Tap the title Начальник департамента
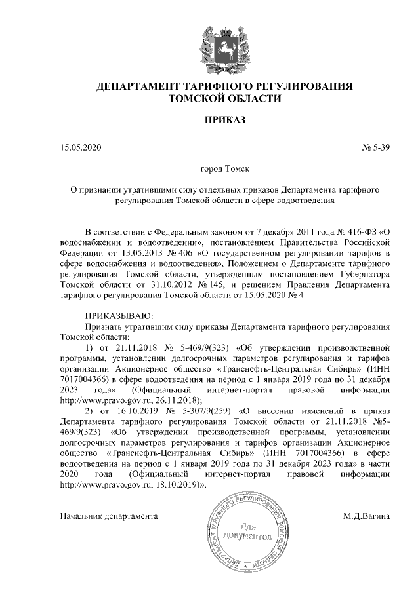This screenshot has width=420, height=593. (x=109, y=516)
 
